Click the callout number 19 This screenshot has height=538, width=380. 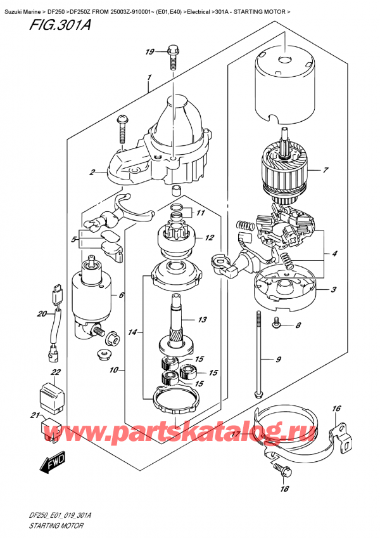[x=149, y=52]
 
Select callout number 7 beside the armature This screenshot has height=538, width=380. [x=326, y=169]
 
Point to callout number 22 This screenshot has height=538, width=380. [x=56, y=372]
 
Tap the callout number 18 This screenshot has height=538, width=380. [x=284, y=489]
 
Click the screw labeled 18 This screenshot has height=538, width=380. [x=282, y=469]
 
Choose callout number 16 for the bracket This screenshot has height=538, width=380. [x=336, y=409]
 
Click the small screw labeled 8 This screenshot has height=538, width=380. [x=277, y=322]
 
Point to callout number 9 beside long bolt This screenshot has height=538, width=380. [x=278, y=359]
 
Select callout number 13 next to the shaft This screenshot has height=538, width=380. [x=203, y=320]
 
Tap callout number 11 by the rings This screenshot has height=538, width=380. [x=200, y=213]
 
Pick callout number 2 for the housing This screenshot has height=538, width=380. [x=92, y=172]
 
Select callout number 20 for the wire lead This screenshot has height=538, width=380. [x=41, y=313]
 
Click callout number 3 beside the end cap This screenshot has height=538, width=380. [x=334, y=289]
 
